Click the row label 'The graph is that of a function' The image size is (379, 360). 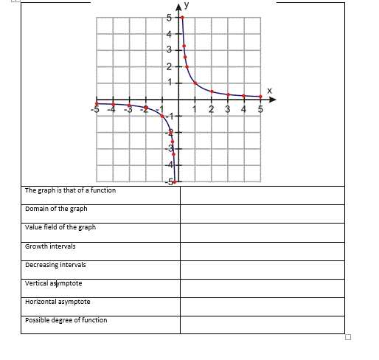[70, 190]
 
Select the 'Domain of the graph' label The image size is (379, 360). [56, 209]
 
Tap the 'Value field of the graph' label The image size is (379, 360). [60, 227]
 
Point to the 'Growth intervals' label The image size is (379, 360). [50, 246]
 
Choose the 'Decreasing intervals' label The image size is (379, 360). [55, 264]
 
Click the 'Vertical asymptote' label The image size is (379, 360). [53, 283]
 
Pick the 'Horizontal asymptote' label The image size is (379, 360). [58, 302]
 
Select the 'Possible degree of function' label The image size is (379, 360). [66, 320]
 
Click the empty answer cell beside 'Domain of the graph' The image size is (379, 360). [262, 213]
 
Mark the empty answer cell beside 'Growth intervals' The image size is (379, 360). [262, 250]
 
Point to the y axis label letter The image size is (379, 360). [187, 4]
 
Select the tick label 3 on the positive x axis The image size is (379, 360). [227, 110]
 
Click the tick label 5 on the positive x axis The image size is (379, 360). [260, 110]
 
